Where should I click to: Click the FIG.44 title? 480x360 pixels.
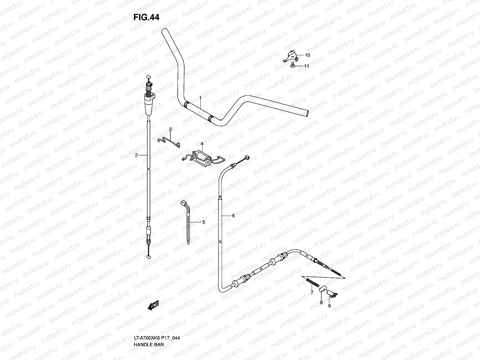146,17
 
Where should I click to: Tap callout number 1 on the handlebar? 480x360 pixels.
200,98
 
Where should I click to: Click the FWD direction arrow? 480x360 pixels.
153,305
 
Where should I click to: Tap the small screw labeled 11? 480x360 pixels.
292,65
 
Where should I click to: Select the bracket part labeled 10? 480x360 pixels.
290,56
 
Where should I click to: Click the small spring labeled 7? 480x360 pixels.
313,282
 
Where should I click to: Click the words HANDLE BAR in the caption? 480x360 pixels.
149,345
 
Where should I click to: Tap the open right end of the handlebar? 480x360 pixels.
307,113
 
